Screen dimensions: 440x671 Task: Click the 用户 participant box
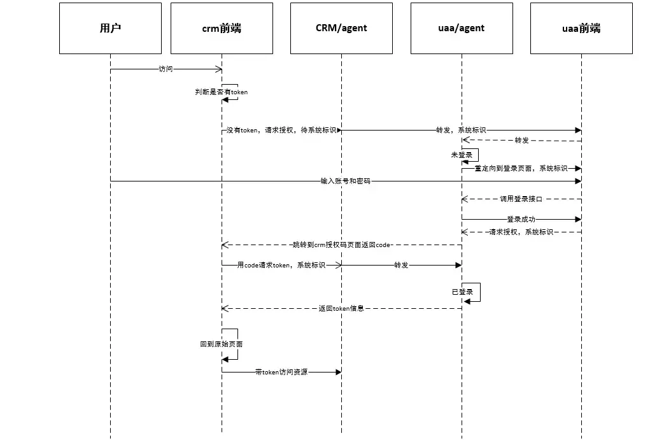pyautogui.click(x=110, y=28)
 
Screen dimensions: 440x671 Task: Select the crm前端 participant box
pyautogui.click(x=222, y=28)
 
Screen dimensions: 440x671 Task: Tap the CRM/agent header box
pyautogui.click(x=341, y=28)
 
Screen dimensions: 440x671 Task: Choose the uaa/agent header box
pyautogui.click(x=462, y=28)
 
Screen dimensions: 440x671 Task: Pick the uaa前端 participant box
pyautogui.click(x=581, y=28)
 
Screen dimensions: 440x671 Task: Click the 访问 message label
pyautogui.click(x=166, y=69)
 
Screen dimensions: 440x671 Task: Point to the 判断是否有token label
pyautogui.click(x=221, y=92)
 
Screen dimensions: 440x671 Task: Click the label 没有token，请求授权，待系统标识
pyautogui.click(x=281, y=130)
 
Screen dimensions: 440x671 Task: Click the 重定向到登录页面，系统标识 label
pyautogui.click(x=521, y=168)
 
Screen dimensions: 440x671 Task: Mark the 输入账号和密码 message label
pyautogui.click(x=345, y=181)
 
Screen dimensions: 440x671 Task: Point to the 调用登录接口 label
pyautogui.click(x=521, y=199)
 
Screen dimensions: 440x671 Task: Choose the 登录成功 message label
pyautogui.click(x=521, y=219)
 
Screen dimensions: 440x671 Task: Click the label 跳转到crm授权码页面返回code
pyautogui.click(x=341, y=245)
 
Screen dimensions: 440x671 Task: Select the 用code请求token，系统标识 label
pyautogui.click(x=281, y=265)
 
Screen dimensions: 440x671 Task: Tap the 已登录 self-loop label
pyautogui.click(x=462, y=292)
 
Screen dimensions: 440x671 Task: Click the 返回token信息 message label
pyautogui.click(x=341, y=308)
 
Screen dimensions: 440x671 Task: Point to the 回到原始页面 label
pyautogui.click(x=221, y=344)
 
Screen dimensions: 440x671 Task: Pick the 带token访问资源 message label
pyautogui.click(x=281, y=372)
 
